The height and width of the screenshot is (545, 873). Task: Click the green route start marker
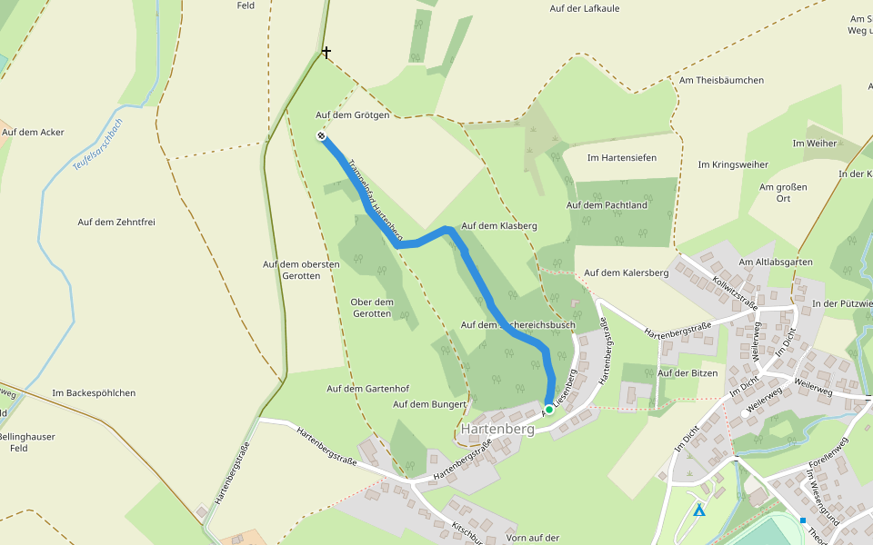pyautogui.click(x=549, y=410)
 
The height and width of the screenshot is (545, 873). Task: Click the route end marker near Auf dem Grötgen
pyautogui.click(x=322, y=136)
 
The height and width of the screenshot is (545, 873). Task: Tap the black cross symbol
pyautogui.click(x=326, y=54)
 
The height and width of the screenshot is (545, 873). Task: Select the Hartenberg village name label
pyautogui.click(x=497, y=428)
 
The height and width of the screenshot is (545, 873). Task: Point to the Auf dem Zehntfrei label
pyautogui.click(x=115, y=222)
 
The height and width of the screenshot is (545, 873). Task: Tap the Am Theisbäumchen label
pyautogui.click(x=721, y=80)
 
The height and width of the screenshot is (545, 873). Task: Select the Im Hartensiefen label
pyautogui.click(x=622, y=158)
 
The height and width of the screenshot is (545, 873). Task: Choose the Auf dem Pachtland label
pyautogui.click(x=607, y=205)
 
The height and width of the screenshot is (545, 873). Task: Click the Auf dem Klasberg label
pyautogui.click(x=500, y=225)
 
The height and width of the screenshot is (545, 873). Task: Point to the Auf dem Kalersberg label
pyautogui.click(x=627, y=272)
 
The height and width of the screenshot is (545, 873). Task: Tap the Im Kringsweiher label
pyautogui.click(x=733, y=164)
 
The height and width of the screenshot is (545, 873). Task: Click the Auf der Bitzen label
pyautogui.click(x=687, y=372)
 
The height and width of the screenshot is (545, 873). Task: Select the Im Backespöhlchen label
pyautogui.click(x=94, y=393)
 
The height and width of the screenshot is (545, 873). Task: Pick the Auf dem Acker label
pyautogui.click(x=33, y=132)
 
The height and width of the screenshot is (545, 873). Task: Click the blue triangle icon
pyautogui.click(x=699, y=510)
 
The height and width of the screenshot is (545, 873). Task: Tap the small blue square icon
pyautogui.click(x=803, y=520)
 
